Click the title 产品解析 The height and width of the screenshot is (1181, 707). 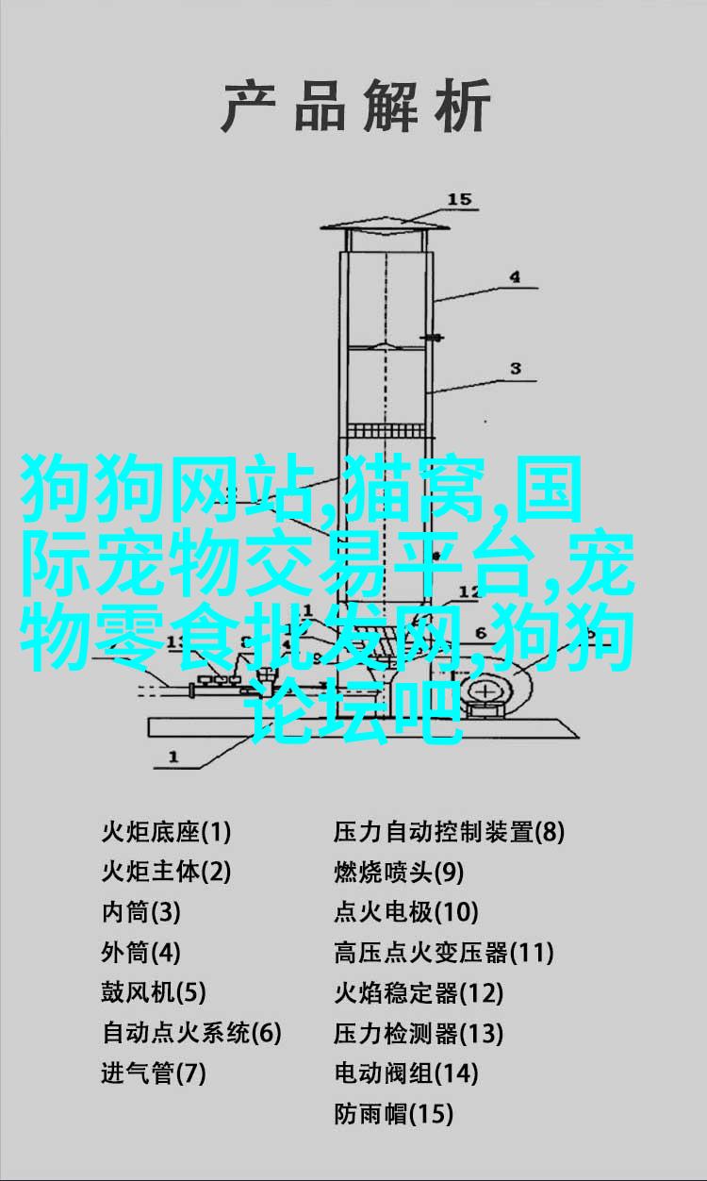point(355,106)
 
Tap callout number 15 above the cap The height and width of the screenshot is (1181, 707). point(458,199)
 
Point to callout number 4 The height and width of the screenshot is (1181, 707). point(514,277)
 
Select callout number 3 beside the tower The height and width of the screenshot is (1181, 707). point(516,369)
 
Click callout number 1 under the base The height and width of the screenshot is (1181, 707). point(173,757)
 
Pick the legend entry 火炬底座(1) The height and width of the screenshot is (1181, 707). point(167,833)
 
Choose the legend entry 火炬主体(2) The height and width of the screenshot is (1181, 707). point(167,873)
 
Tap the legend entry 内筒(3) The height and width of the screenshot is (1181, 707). point(141,912)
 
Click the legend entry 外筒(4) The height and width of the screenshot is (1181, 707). point(141,952)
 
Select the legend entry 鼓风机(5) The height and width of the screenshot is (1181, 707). point(154,992)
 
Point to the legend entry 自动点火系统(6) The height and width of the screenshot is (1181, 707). point(191,1032)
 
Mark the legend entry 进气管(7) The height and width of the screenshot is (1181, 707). point(154,1073)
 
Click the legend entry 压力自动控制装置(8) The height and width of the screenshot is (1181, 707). point(450,833)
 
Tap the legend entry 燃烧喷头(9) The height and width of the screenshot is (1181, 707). point(399,873)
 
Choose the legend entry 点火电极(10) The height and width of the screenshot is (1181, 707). point(405,912)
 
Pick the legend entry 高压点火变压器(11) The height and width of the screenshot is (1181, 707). point(444,952)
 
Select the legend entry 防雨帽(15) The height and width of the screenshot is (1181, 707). point(393,1112)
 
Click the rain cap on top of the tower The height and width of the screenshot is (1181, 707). point(386,227)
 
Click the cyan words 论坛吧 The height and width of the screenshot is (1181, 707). point(357,711)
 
